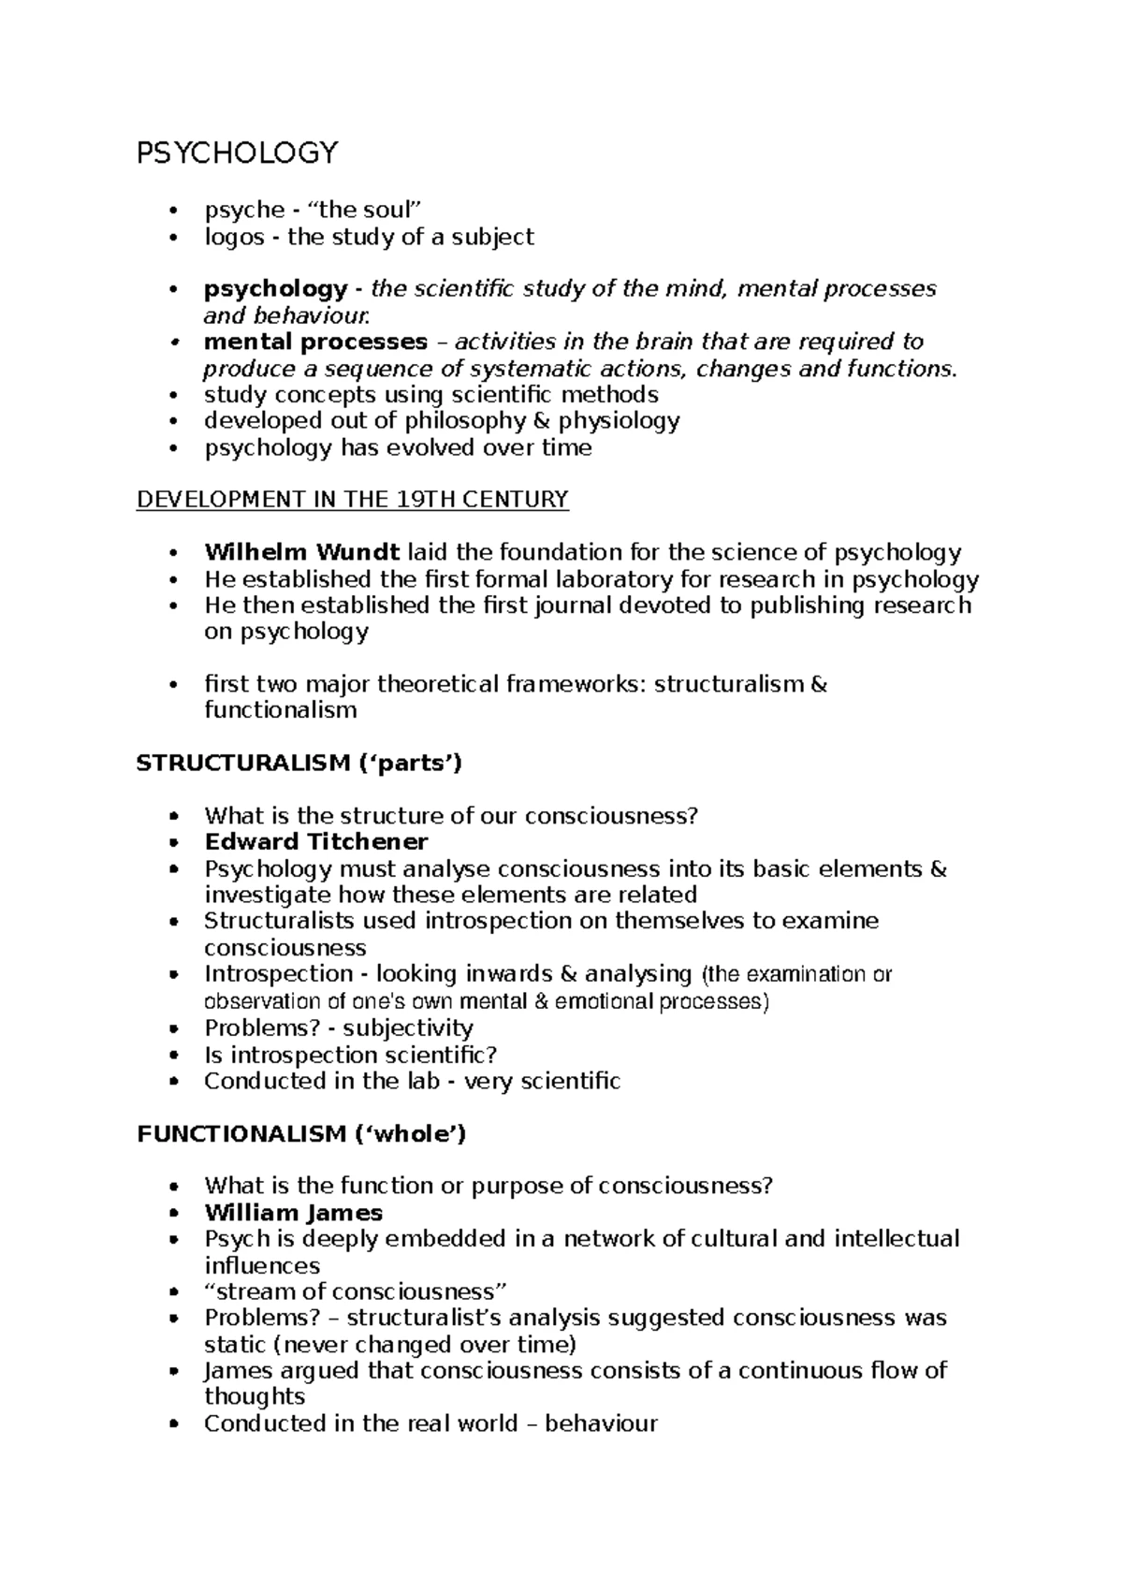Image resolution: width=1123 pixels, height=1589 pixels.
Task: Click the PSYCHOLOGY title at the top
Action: [x=237, y=153]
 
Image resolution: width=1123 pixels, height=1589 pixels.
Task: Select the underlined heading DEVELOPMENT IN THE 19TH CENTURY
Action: [x=353, y=500]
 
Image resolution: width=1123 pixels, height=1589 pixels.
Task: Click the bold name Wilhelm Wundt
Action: [x=302, y=552]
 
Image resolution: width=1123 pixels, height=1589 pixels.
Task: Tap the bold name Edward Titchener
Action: [x=316, y=842]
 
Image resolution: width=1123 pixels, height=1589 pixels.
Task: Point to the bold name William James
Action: [x=294, y=1213]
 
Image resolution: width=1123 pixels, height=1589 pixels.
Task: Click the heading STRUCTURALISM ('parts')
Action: [x=299, y=764]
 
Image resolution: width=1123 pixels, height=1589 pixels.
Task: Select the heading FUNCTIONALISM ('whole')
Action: [x=301, y=1134]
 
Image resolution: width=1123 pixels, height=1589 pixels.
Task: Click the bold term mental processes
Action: [x=315, y=342]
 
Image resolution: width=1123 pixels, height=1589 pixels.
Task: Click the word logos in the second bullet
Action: [x=234, y=237]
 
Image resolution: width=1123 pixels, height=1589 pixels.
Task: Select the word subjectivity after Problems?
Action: [x=408, y=1028]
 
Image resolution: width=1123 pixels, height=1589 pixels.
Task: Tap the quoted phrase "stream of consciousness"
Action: [x=356, y=1292]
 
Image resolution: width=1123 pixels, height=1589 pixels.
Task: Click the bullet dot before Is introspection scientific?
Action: [x=174, y=1056]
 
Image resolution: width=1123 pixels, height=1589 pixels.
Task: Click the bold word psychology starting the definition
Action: [x=275, y=289]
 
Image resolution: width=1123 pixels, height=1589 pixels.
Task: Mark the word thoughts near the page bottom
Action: [x=255, y=1397]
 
